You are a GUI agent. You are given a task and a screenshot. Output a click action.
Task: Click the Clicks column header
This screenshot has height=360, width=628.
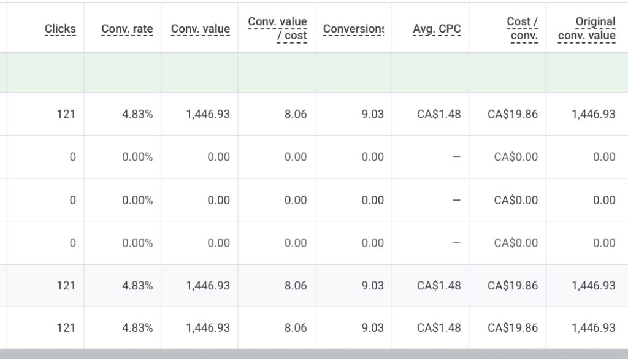tap(60, 29)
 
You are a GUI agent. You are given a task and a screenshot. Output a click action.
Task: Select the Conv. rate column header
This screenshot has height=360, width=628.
tap(127, 29)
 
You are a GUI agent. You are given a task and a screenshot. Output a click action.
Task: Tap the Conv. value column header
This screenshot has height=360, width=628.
tap(201, 29)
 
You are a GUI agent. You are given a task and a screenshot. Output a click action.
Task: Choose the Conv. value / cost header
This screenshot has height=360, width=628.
tap(278, 28)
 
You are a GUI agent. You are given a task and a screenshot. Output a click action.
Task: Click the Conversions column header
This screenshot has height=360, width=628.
tap(353, 29)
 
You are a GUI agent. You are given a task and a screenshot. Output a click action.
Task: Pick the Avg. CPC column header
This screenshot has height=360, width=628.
tap(437, 29)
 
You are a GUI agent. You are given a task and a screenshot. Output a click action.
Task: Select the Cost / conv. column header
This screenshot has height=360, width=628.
tap(523, 28)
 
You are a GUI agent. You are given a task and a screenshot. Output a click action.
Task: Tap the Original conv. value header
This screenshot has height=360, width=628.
tap(587, 28)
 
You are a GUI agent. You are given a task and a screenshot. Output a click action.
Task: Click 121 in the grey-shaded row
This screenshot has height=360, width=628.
tap(66, 286)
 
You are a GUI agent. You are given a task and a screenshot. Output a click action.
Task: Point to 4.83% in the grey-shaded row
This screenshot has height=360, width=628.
tap(137, 286)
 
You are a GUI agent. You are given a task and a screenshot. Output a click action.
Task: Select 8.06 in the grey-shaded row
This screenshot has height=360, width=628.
tap(296, 286)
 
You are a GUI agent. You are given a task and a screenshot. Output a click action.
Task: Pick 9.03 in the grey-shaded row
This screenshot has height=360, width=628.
tap(372, 286)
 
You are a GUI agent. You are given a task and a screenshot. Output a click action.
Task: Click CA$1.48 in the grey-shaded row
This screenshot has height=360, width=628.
tap(439, 286)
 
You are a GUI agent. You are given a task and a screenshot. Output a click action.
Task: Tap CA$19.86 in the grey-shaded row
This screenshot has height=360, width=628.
tap(513, 286)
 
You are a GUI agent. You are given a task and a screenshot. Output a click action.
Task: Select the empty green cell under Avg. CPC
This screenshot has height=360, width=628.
tap(431, 73)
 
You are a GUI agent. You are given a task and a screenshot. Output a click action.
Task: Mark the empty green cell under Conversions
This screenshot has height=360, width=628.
tap(353, 73)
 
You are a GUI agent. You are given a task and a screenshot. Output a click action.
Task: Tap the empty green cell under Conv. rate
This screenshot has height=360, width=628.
tap(123, 73)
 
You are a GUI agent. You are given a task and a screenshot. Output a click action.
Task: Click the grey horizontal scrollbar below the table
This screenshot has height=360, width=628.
tap(314, 354)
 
